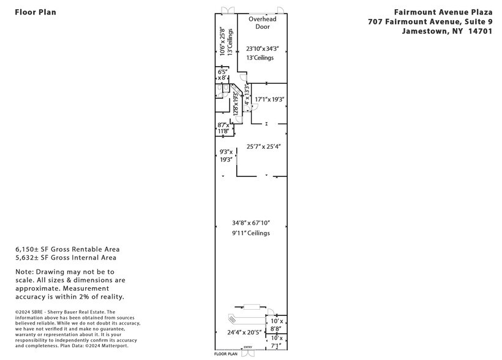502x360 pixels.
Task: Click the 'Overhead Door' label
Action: tap(262, 23)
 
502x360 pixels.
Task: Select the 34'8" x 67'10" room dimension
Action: tap(251, 223)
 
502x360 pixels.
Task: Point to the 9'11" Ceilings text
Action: tap(251, 233)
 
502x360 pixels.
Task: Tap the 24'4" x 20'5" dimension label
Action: tap(245, 332)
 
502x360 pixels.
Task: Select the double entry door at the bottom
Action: tap(247, 351)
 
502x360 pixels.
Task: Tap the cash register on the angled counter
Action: tap(232, 319)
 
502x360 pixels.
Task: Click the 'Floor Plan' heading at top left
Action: tap(35, 12)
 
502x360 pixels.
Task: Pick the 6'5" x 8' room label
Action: tap(223, 75)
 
